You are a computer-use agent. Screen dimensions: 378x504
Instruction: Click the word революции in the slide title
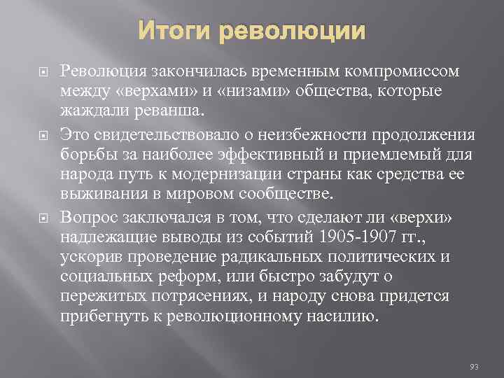293,31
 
